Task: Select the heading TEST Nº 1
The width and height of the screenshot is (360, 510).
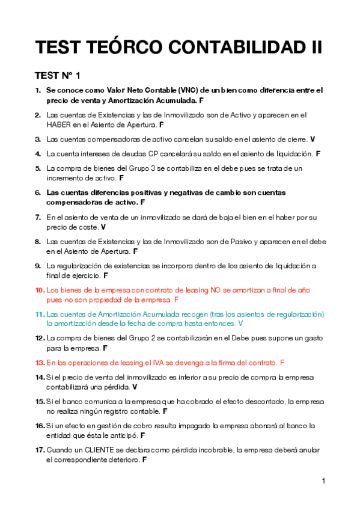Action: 58,76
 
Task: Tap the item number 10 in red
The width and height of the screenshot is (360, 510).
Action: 40,290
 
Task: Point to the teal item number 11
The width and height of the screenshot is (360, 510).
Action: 40,314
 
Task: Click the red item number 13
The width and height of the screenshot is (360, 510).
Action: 40,363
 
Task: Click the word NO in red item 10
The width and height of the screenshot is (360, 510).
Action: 216,290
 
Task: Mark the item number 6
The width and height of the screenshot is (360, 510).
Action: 38,192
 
